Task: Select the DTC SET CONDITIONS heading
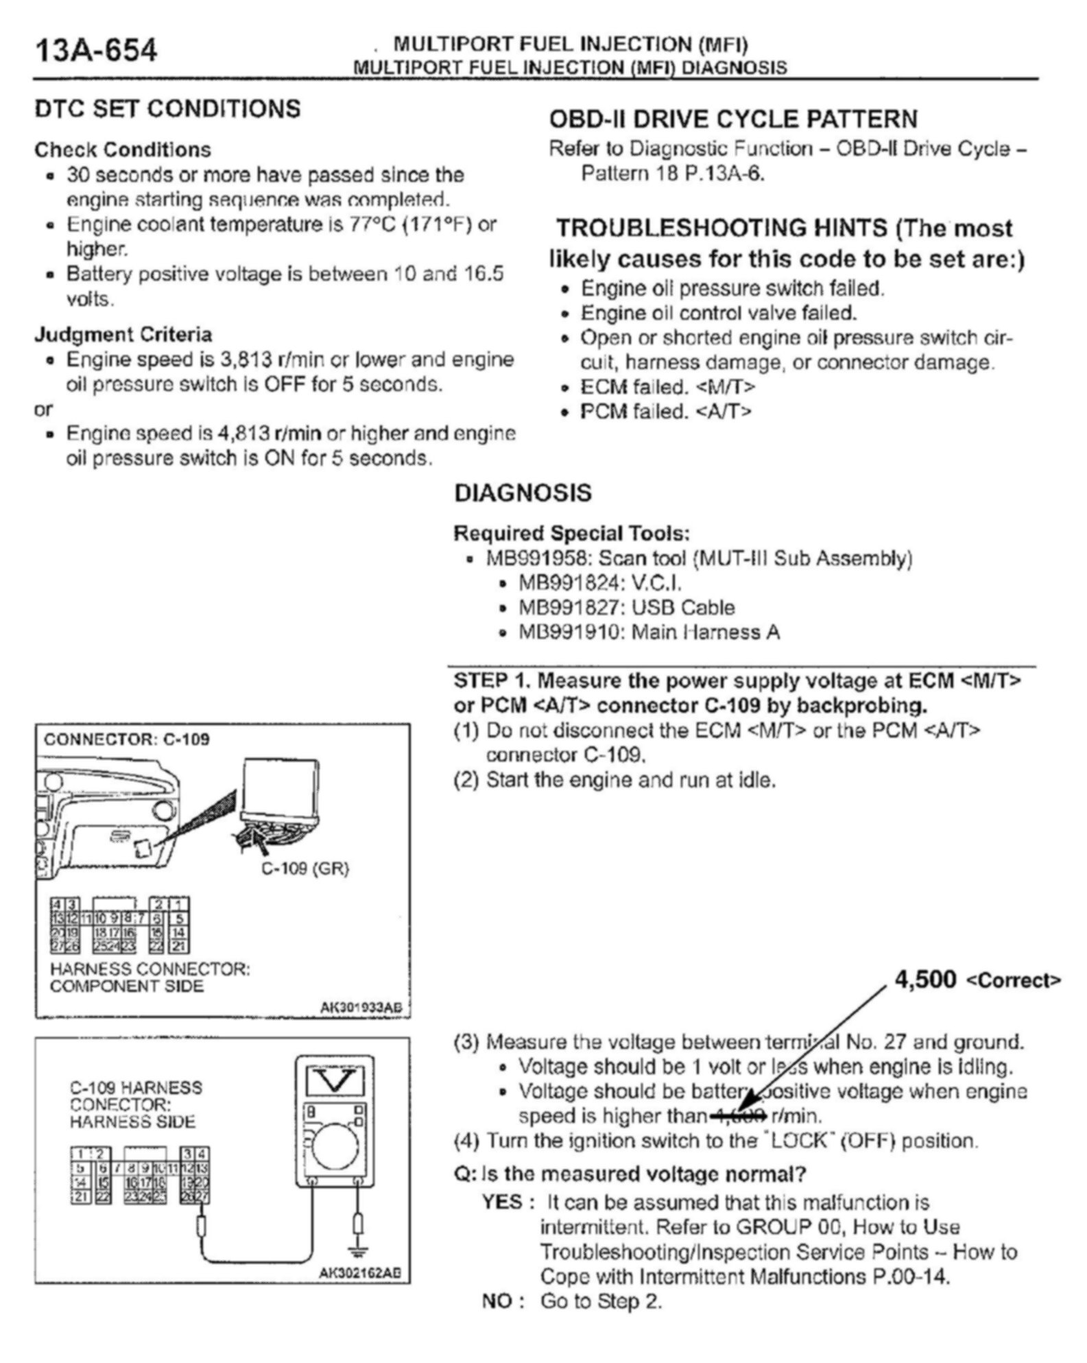(x=167, y=109)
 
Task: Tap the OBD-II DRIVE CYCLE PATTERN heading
(x=732, y=119)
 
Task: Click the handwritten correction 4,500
(x=926, y=980)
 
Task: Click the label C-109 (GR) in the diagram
(x=305, y=868)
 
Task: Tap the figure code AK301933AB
(x=361, y=1007)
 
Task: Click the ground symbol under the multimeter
(x=357, y=1250)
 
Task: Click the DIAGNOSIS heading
(x=523, y=493)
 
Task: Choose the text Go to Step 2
(x=601, y=1301)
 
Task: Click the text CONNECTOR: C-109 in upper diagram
(x=127, y=739)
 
